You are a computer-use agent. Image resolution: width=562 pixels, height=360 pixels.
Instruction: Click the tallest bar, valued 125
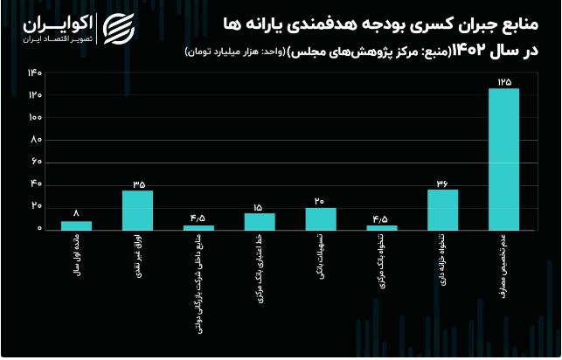coord(503,158)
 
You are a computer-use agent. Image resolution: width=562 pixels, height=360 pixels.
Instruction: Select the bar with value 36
coord(442,210)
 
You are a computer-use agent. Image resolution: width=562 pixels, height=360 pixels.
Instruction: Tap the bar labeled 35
coord(137,210)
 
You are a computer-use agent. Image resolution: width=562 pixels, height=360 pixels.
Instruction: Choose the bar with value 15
coord(260,221)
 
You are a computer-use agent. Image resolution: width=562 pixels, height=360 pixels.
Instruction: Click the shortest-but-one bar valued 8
coord(76,225)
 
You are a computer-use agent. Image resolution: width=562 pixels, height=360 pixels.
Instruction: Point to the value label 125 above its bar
coord(503,80)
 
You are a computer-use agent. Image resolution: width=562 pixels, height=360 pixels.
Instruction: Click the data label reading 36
coord(442,183)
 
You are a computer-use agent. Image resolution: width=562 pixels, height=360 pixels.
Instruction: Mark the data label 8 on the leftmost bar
coord(76,213)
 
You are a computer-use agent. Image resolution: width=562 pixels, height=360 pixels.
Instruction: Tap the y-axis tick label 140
coord(35,72)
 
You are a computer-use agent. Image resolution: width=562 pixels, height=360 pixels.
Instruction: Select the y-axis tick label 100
coord(35,117)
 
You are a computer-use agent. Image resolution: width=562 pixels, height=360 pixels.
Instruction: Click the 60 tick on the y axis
coord(37,162)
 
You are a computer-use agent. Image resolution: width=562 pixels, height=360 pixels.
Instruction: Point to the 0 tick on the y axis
coord(39,229)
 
